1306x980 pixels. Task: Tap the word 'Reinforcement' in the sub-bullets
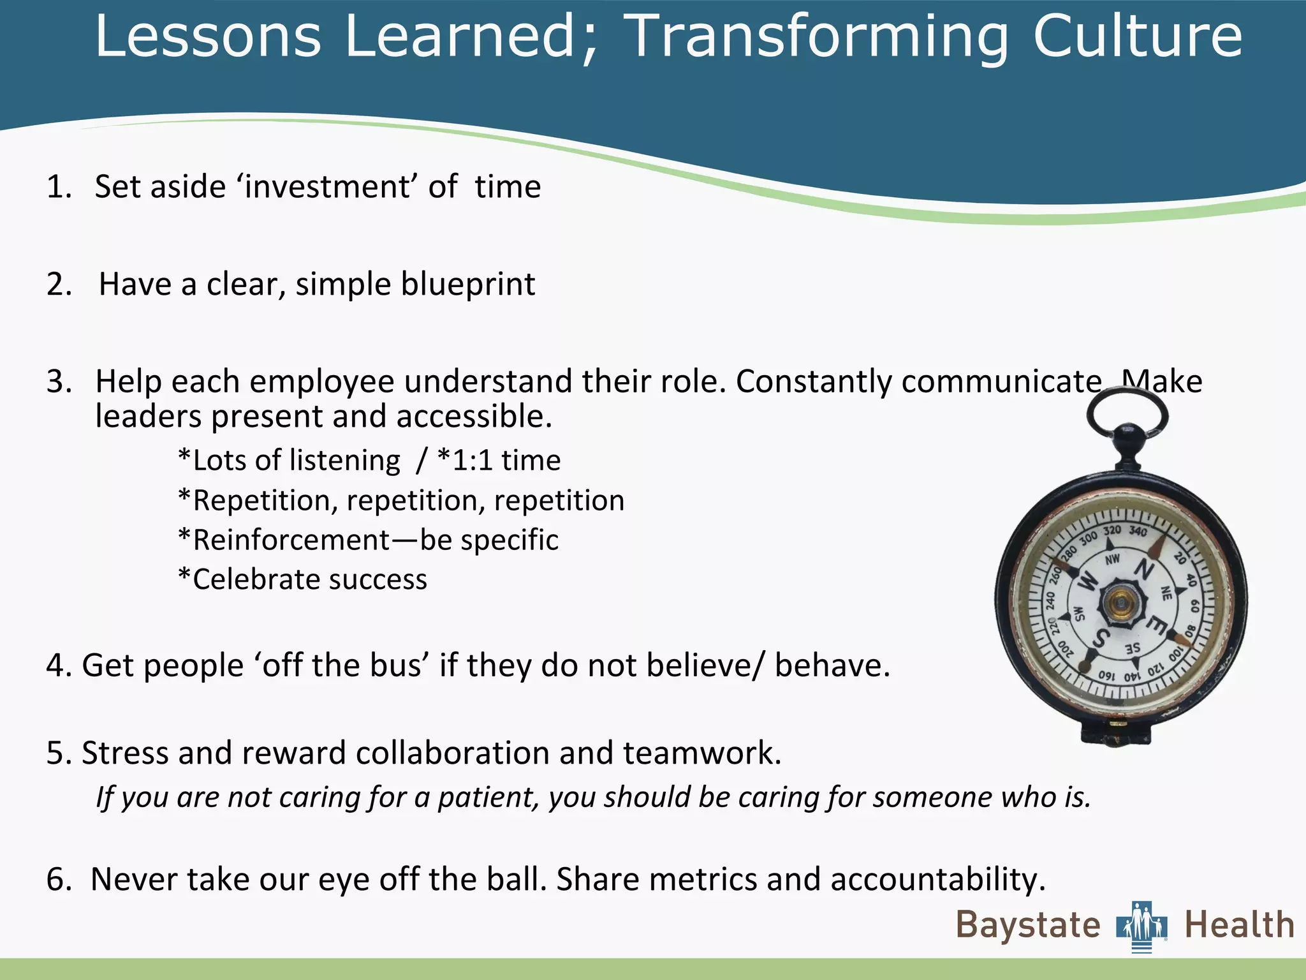tap(291, 540)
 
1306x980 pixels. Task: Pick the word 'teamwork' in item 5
tap(701, 753)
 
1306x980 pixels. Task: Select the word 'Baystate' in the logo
tap(1028, 925)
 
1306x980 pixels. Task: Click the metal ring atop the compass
tap(1127, 415)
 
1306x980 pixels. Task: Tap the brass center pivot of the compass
tap(1119, 602)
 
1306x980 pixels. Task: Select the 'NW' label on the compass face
tap(1112, 560)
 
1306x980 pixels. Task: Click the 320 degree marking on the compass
tap(1112, 531)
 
